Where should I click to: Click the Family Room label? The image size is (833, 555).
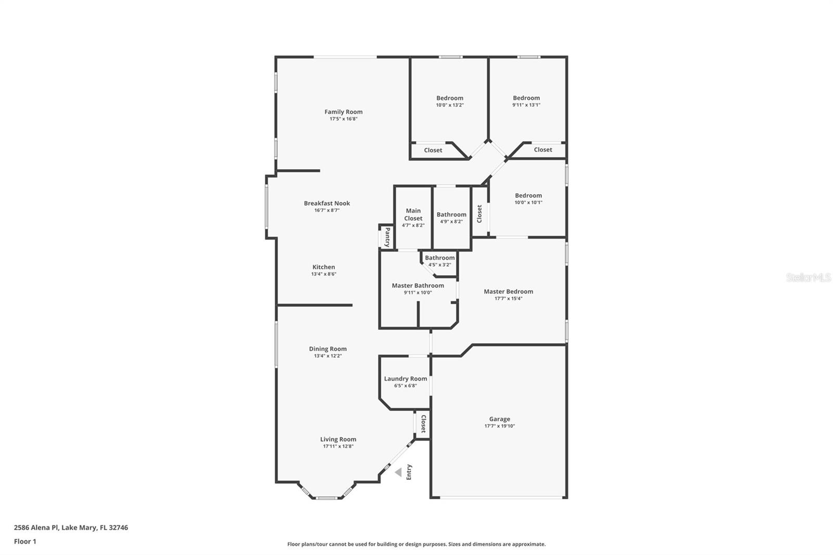(343, 112)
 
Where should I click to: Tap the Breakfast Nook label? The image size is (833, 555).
(327, 204)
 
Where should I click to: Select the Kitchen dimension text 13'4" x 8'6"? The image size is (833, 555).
(324, 274)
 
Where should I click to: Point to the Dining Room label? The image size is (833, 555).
(327, 349)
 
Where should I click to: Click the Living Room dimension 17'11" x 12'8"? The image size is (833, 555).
(338, 447)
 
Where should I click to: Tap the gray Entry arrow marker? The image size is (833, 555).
(398, 473)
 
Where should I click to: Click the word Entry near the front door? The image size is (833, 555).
(409, 472)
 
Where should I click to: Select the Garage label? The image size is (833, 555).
(499, 419)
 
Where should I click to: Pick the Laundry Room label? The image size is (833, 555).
(405, 379)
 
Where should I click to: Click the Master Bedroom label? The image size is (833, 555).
(508, 292)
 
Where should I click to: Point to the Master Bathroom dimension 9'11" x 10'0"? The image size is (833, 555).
(418, 293)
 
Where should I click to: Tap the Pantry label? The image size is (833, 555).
(387, 237)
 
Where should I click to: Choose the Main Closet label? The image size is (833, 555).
(413, 215)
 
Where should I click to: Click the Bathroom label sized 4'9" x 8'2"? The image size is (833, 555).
(451, 215)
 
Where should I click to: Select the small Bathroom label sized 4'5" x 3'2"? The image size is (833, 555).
(439, 258)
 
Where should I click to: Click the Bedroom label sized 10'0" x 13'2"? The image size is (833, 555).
(450, 98)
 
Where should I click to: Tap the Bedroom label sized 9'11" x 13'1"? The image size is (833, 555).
(526, 98)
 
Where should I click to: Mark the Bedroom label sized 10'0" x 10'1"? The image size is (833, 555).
(528, 196)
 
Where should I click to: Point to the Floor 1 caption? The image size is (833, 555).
(25, 541)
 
